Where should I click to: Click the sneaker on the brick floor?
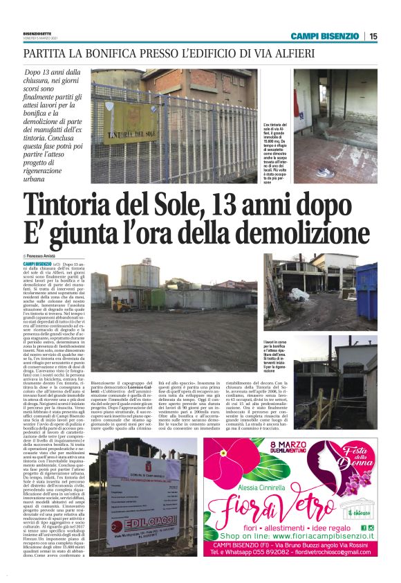point(321,170)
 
